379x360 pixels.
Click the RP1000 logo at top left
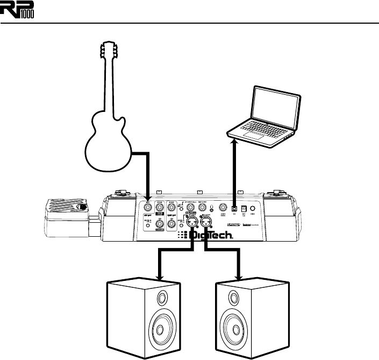click(20, 10)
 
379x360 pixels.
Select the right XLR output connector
click(205, 220)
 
